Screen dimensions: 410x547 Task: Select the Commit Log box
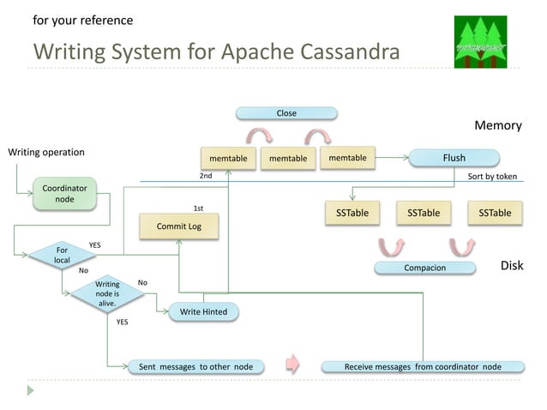178,226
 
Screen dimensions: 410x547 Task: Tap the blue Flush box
454,158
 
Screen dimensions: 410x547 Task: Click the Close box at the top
286,113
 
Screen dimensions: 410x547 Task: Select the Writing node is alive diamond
106,293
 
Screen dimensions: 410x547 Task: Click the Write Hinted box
203,311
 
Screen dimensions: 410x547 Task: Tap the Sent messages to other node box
195,366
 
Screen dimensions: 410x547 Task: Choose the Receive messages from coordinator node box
423,366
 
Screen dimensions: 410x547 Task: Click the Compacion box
424,268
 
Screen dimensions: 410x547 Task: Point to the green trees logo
481,42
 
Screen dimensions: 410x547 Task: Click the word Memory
498,125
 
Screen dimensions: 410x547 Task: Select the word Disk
511,266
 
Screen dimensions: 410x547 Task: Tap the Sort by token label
492,177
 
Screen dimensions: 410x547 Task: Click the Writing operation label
46,153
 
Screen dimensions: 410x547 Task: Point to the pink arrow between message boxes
292,365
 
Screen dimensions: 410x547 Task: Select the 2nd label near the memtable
206,176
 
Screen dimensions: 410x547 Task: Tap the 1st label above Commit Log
198,208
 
